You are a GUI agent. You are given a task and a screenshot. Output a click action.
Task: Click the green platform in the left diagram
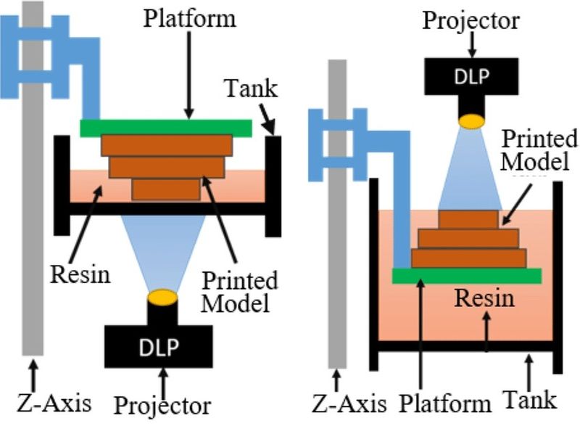click(x=166, y=128)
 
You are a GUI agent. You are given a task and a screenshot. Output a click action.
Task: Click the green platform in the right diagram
click(x=466, y=275)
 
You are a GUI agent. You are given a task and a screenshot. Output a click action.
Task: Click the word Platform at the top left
click(x=189, y=17)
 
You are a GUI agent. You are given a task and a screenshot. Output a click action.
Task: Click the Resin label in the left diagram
click(x=79, y=275)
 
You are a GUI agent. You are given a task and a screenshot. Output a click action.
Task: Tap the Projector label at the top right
click(x=472, y=20)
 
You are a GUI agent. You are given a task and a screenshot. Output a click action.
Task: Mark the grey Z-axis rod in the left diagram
click(x=33, y=218)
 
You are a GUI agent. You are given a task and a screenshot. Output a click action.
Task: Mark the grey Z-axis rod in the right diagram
click(x=336, y=218)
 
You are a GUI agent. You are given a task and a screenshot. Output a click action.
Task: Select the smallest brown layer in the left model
click(x=166, y=189)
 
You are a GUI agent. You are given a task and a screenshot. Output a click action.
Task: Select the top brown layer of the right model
click(x=468, y=219)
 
